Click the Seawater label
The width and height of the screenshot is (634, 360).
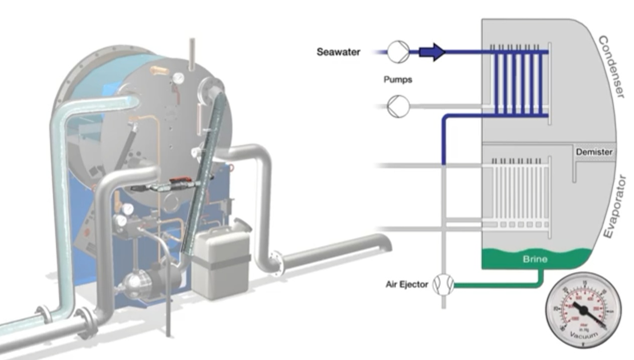[x=338, y=52]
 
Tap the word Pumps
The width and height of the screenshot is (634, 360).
[x=398, y=79]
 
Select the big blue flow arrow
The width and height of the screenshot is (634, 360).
[x=432, y=52]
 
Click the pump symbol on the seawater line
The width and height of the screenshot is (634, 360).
[x=398, y=52]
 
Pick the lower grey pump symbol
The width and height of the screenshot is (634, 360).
[x=398, y=106]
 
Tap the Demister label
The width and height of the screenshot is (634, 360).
[x=594, y=151]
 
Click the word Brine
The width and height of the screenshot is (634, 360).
[x=535, y=259]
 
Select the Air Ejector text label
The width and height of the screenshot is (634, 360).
[x=407, y=284]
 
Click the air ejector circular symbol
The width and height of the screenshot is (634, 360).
[x=443, y=285]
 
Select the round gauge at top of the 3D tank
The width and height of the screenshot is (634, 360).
[x=177, y=78]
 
